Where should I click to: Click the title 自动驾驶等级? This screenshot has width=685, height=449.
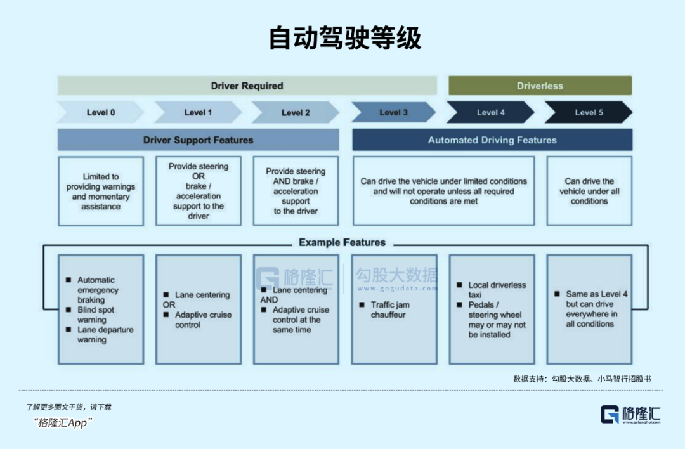tap(344, 39)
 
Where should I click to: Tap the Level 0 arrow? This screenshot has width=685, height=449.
tap(101, 112)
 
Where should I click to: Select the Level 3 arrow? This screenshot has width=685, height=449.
tap(393, 112)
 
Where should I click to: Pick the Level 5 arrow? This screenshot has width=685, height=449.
tap(589, 112)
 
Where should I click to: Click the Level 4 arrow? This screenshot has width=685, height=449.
tap(491, 112)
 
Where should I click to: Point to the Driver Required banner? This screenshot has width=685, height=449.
tap(247, 86)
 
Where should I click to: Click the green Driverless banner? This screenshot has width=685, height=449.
tap(540, 86)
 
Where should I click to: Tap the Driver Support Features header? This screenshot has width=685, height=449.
tap(198, 140)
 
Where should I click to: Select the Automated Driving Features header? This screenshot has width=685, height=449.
tap(492, 140)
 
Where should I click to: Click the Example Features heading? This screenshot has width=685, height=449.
tap(342, 242)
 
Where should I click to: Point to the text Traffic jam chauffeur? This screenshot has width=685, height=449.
tap(389, 309)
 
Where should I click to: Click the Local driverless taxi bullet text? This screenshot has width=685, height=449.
tap(497, 290)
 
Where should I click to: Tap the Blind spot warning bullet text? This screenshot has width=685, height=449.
tap(96, 315)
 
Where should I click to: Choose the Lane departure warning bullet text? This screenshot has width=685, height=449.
tap(97, 335)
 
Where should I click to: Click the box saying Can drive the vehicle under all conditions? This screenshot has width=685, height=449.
tap(589, 191)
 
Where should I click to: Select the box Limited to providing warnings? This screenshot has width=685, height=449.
tap(101, 192)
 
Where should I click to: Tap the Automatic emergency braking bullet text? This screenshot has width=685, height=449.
tap(98, 290)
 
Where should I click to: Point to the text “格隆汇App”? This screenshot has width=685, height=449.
tap(63, 423)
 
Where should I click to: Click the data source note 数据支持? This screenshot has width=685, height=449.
tap(582, 379)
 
